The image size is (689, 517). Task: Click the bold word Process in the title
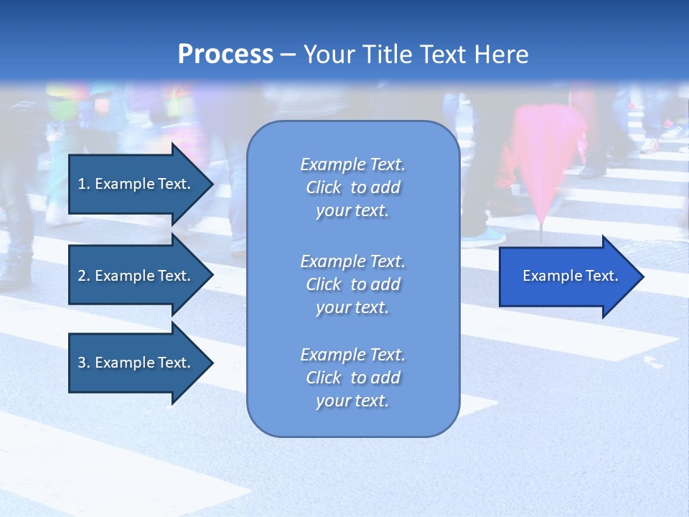[225, 55]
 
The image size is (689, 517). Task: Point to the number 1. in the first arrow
[84, 184]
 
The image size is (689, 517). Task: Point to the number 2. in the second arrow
[84, 276]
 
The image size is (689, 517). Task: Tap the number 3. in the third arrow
[84, 363]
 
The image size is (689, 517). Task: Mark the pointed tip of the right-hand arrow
[641, 276]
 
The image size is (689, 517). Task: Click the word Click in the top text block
[324, 187]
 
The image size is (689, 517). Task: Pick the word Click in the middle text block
[324, 284]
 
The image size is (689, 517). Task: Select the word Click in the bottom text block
[324, 378]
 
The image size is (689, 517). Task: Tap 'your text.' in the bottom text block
[352, 401]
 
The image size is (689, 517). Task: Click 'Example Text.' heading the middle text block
[352, 261]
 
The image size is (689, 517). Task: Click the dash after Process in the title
[288, 55]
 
